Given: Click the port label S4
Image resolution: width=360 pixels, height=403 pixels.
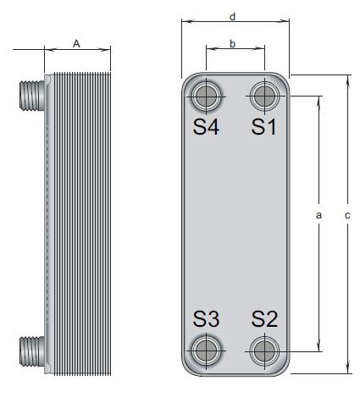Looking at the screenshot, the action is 206,127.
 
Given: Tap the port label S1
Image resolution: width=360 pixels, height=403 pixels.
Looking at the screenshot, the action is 264,127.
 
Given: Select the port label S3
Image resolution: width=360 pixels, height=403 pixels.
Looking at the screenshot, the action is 206,319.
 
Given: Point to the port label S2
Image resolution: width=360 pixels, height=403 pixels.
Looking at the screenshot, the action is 264,319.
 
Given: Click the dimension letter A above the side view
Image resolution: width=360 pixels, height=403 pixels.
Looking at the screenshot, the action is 76,44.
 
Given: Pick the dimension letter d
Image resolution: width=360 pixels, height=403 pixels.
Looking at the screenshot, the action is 232,17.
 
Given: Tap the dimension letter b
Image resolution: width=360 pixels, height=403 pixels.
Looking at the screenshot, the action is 232,44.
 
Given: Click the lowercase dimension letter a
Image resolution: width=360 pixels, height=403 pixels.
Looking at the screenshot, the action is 318,215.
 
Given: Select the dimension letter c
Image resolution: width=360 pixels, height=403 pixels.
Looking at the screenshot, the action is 347,215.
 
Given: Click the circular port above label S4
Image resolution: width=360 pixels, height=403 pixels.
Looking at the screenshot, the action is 206,97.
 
